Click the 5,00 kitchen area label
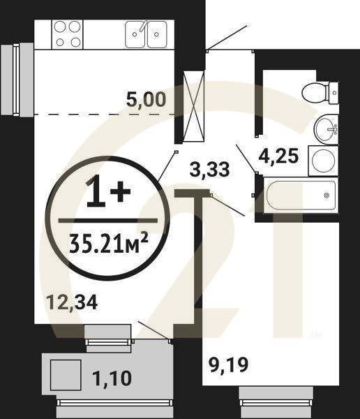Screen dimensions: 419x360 point(145,100)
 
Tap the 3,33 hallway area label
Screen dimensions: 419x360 point(210,168)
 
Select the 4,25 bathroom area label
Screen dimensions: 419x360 point(278,155)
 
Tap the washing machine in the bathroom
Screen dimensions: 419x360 point(322,161)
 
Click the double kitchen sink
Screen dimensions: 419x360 point(145,34)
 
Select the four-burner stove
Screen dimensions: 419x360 point(68,34)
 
